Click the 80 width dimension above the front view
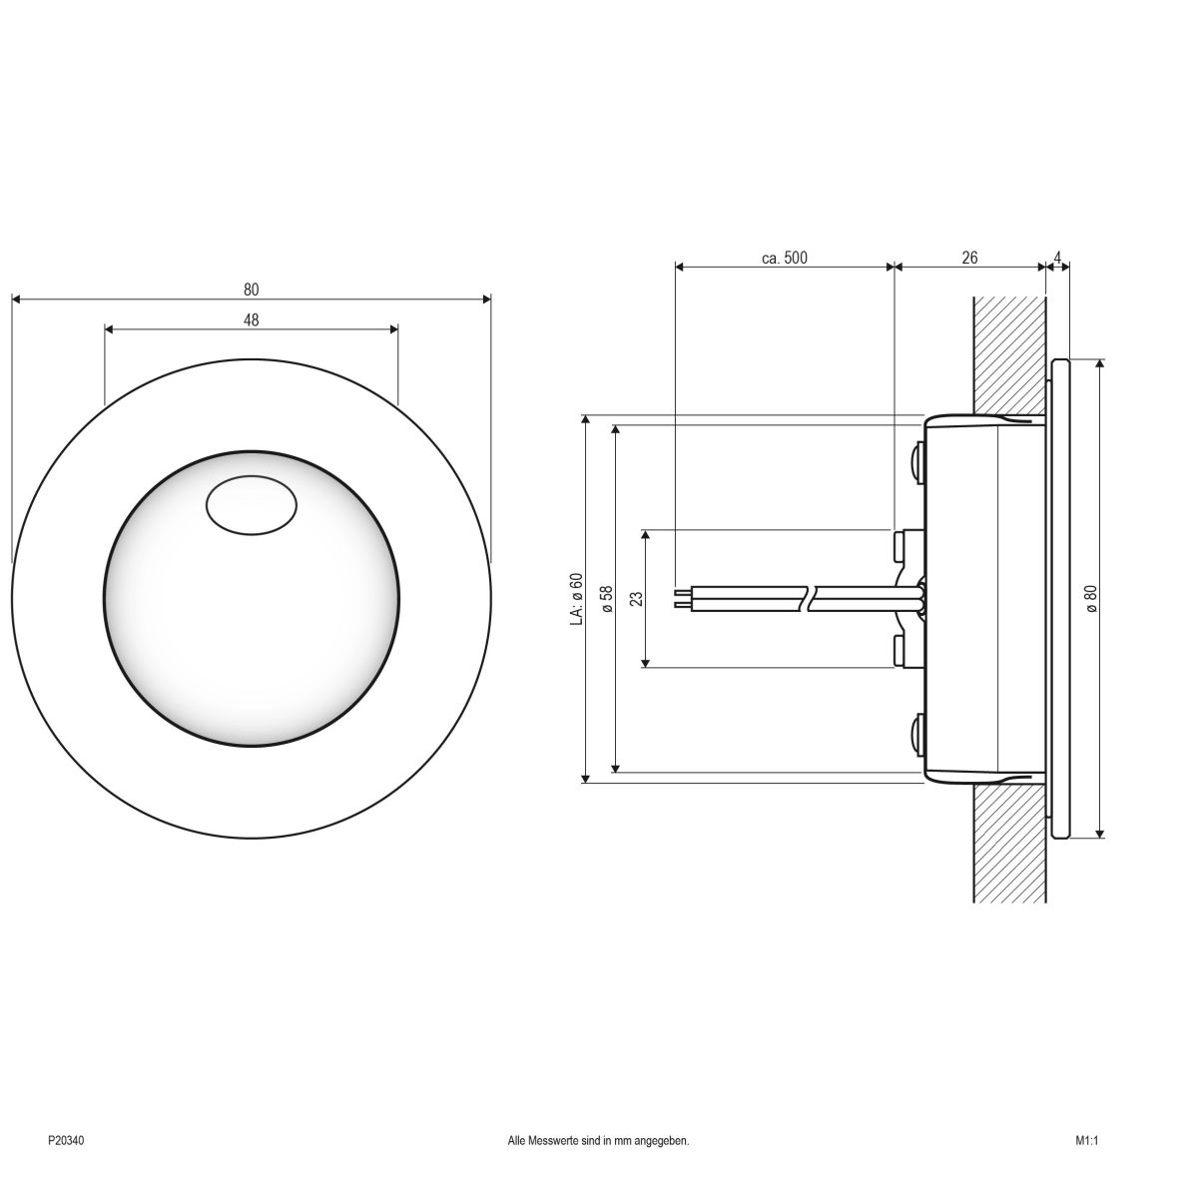pyautogui.click(x=251, y=290)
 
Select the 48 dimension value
pyautogui.click(x=251, y=319)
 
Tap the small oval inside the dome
pyautogui.click(x=251, y=506)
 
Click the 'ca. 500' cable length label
pyautogui.click(x=784, y=258)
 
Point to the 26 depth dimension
pyautogui.click(x=969, y=258)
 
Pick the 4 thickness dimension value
pyautogui.click(x=1056, y=258)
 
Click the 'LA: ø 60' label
pyautogui.click(x=575, y=599)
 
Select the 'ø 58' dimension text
pyautogui.click(x=605, y=599)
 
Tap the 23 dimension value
pyautogui.click(x=637, y=599)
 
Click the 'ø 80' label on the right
pyautogui.click(x=1090, y=599)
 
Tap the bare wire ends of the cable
pyautogui.click(x=682, y=599)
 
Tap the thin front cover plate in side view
pyautogui.click(x=1060, y=599)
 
